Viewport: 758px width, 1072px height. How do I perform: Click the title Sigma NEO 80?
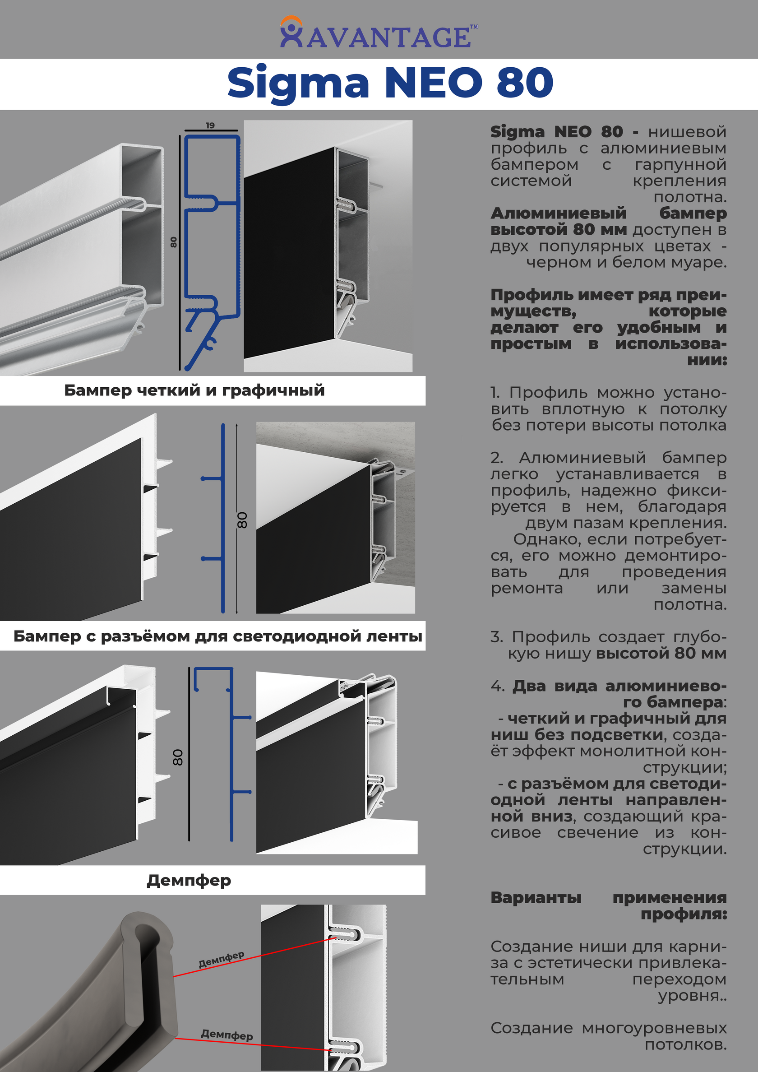click(x=390, y=83)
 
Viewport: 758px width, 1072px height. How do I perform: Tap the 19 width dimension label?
click(x=210, y=125)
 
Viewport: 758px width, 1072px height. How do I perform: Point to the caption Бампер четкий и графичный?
click(x=194, y=390)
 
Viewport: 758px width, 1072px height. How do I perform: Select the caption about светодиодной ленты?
click(x=217, y=636)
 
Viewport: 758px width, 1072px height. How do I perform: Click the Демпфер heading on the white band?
click(x=189, y=881)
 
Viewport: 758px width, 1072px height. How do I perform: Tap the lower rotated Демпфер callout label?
click(x=227, y=1035)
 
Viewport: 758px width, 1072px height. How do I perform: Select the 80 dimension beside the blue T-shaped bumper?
click(x=242, y=520)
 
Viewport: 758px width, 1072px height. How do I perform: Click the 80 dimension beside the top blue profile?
click(x=173, y=242)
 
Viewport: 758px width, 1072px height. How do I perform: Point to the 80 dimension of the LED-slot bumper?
click(x=178, y=757)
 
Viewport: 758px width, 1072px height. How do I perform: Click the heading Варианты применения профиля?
click(x=609, y=905)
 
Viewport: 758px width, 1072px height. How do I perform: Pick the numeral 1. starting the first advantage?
click(x=495, y=393)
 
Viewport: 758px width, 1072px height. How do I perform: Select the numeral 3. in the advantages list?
click(x=496, y=637)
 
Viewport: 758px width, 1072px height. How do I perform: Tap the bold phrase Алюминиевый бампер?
click(x=609, y=213)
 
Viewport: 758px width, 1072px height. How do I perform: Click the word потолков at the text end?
click(x=685, y=1044)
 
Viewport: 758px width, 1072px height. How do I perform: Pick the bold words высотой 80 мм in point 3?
click(x=661, y=654)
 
